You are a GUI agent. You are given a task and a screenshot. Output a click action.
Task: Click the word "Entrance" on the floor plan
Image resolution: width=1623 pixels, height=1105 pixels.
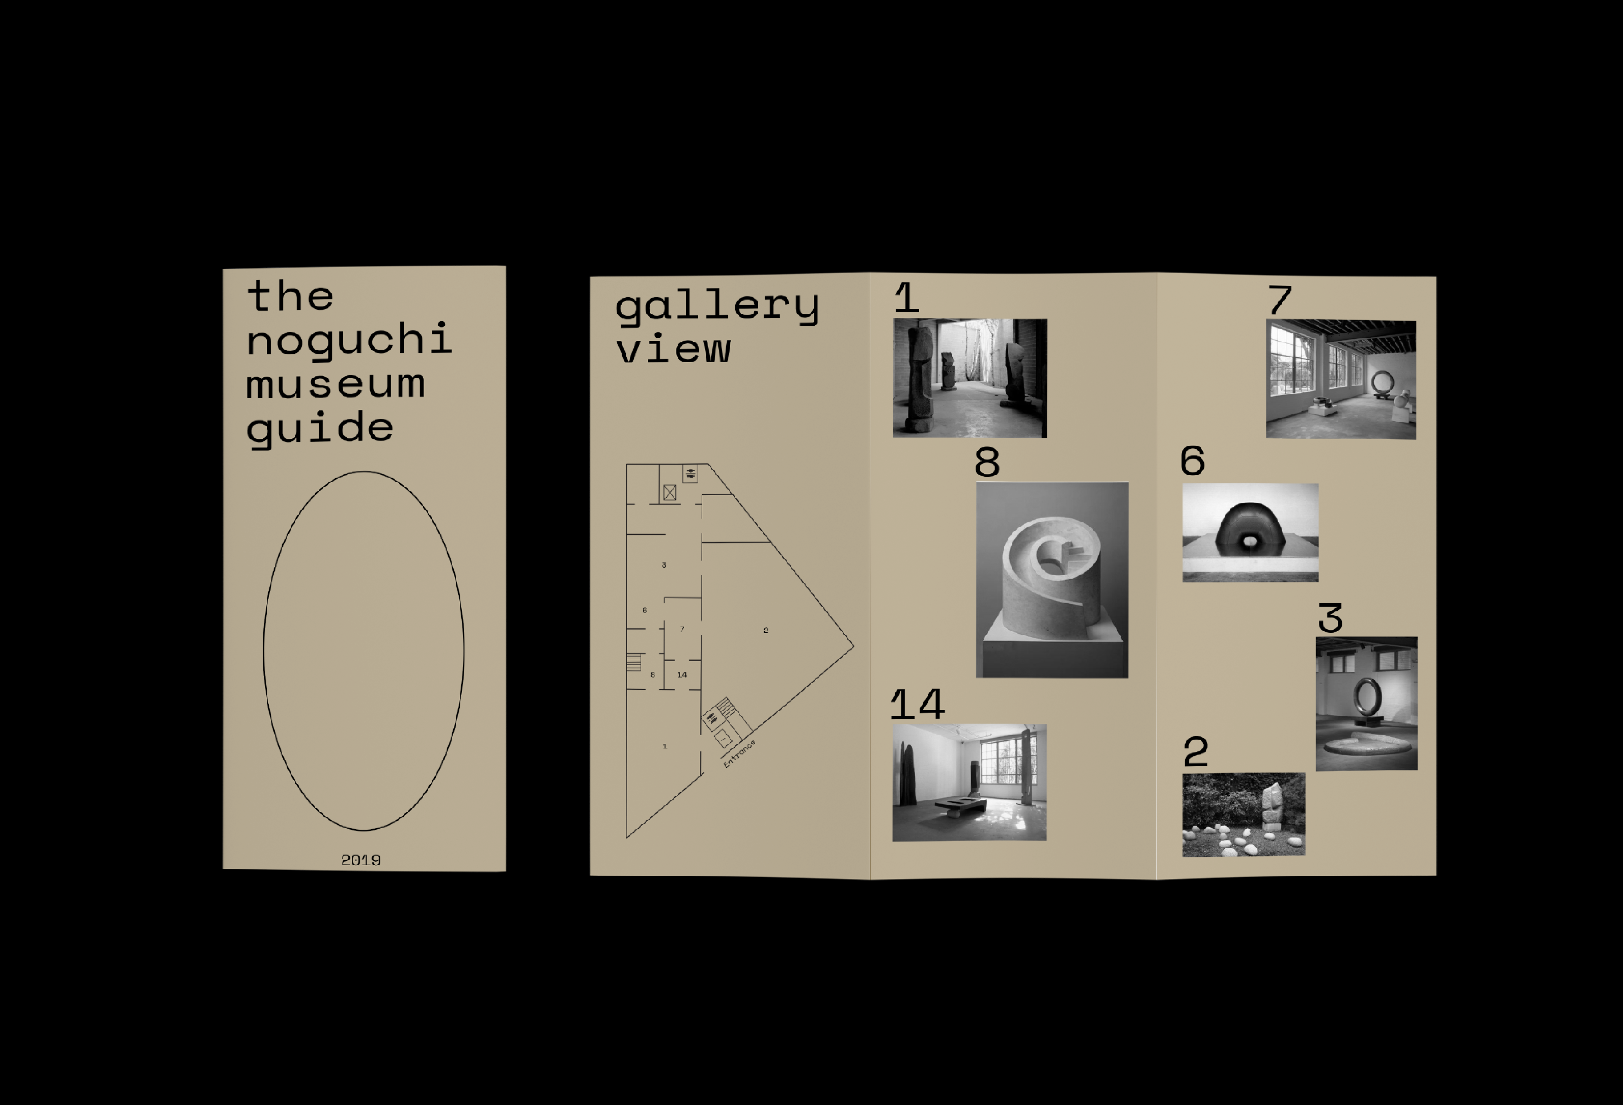point(739,754)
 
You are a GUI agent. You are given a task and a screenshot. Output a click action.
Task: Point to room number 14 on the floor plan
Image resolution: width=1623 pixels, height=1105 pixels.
point(682,675)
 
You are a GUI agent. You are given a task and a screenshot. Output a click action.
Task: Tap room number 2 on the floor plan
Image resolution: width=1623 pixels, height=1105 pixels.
point(766,630)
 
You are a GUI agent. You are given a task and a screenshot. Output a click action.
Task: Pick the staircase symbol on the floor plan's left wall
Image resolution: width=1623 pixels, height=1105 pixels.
point(634,661)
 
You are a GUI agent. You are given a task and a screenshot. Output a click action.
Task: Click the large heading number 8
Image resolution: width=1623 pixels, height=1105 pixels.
point(988,462)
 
